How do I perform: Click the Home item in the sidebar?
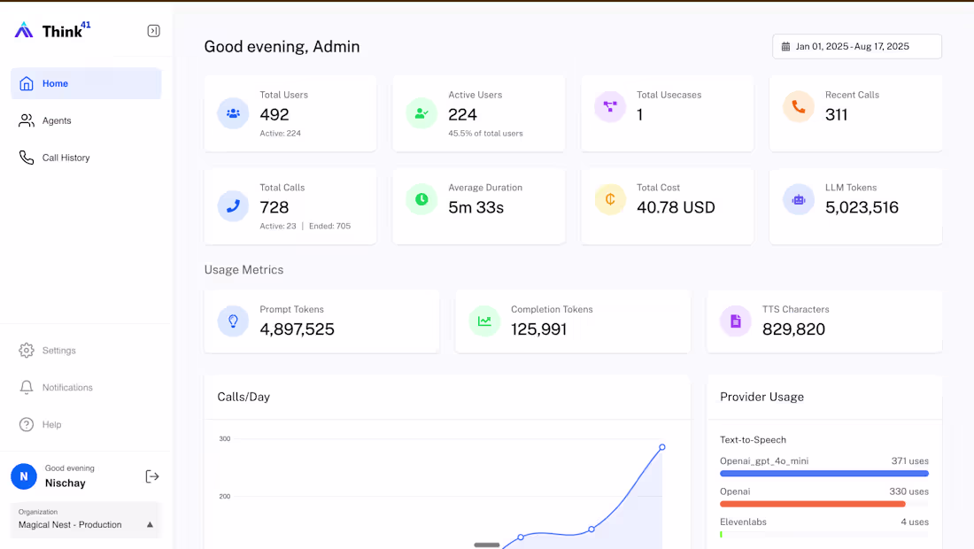(x=55, y=83)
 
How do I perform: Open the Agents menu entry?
(x=57, y=120)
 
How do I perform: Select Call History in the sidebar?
(x=66, y=158)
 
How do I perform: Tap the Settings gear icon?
(x=27, y=351)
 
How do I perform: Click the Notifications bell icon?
(x=27, y=388)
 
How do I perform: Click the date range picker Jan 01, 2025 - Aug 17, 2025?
(x=856, y=46)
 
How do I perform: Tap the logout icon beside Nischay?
(x=152, y=476)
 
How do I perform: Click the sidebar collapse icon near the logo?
(x=153, y=31)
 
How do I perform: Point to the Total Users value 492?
(x=274, y=114)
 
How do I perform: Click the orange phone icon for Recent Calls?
(x=799, y=107)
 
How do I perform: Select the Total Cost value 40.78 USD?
(x=676, y=207)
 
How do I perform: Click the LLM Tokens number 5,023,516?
(x=862, y=207)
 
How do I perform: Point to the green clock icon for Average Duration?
(x=421, y=200)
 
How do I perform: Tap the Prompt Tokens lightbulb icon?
(x=233, y=321)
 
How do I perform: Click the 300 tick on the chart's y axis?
(x=225, y=439)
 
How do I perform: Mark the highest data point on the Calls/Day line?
(x=661, y=447)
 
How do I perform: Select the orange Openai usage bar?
(x=813, y=504)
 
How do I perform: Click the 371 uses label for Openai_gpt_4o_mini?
(x=909, y=461)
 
